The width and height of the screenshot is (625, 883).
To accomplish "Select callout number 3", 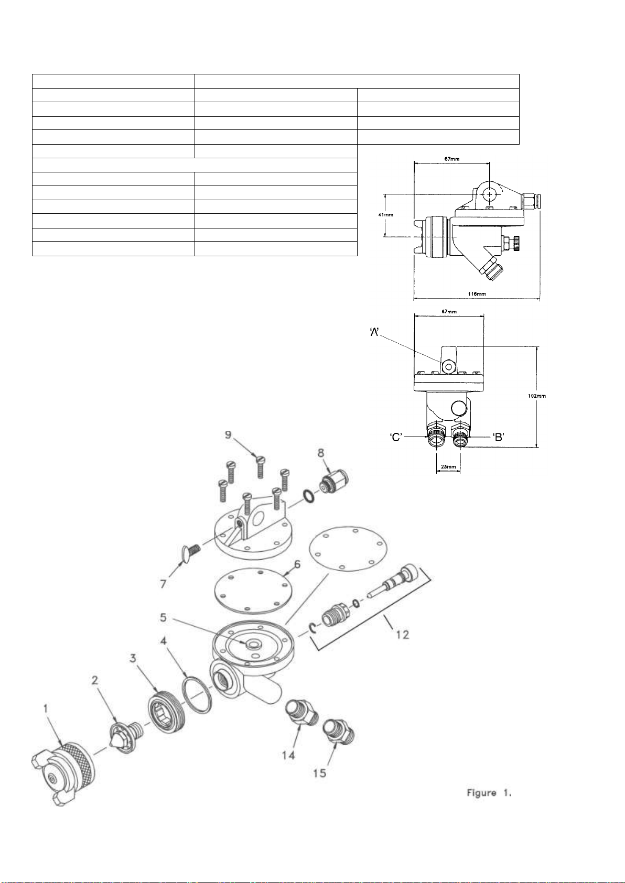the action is [x=133, y=658].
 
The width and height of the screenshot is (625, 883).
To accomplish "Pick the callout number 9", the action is [x=228, y=434].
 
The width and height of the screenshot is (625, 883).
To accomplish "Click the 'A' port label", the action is [x=374, y=332].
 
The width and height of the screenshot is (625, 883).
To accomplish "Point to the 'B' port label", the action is [x=499, y=437].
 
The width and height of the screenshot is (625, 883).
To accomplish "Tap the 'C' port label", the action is [x=396, y=437].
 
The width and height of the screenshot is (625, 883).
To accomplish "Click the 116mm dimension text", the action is [x=477, y=293].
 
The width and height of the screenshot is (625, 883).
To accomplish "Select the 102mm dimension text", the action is [x=537, y=396].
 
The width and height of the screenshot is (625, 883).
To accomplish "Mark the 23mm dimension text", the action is [x=448, y=467].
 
